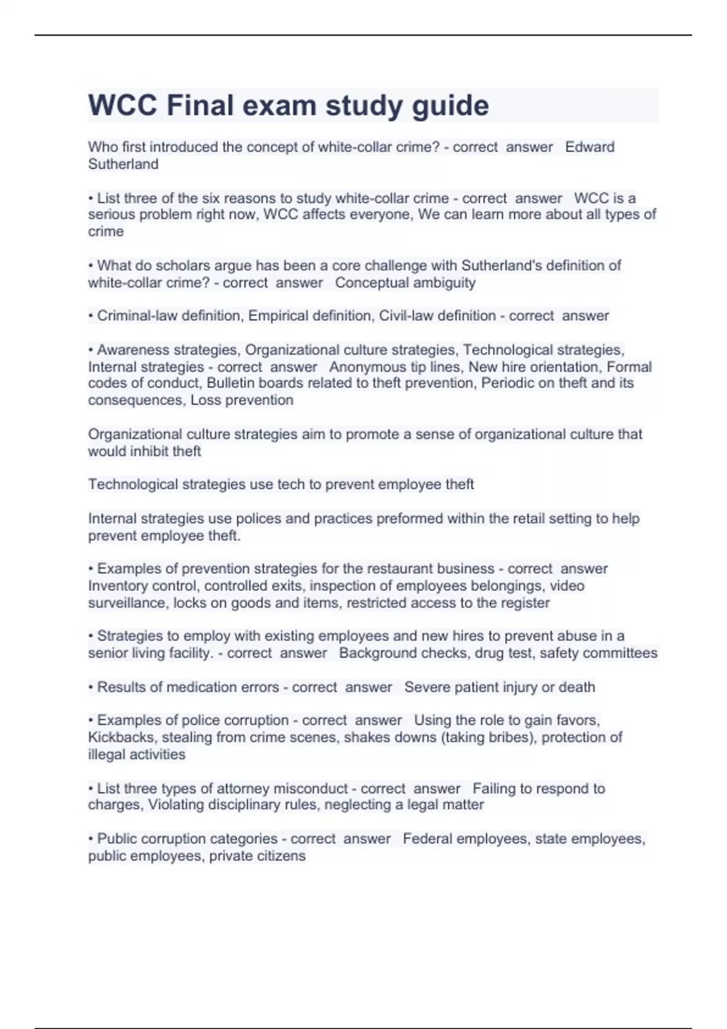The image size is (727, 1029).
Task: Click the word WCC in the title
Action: [123, 106]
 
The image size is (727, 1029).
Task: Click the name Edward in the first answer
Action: [589, 147]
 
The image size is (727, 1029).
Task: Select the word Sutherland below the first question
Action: [123, 164]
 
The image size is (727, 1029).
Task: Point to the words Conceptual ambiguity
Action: [405, 283]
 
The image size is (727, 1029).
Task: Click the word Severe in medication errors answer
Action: [424, 688]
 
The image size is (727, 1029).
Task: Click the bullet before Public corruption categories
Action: [91, 839]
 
